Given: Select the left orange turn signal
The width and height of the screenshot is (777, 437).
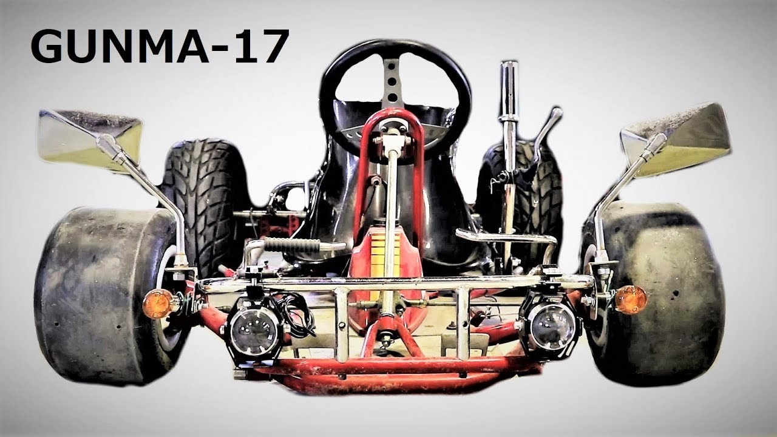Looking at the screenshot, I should [158, 303].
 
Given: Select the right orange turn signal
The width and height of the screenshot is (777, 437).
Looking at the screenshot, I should [630, 299].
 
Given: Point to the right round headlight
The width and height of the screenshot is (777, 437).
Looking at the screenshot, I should [550, 325].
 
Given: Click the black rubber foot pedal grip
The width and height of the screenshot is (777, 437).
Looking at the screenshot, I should [292, 245].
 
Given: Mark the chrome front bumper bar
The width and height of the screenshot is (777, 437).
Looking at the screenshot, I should [395, 283].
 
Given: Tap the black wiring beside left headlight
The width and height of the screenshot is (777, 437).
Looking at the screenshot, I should [300, 313].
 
